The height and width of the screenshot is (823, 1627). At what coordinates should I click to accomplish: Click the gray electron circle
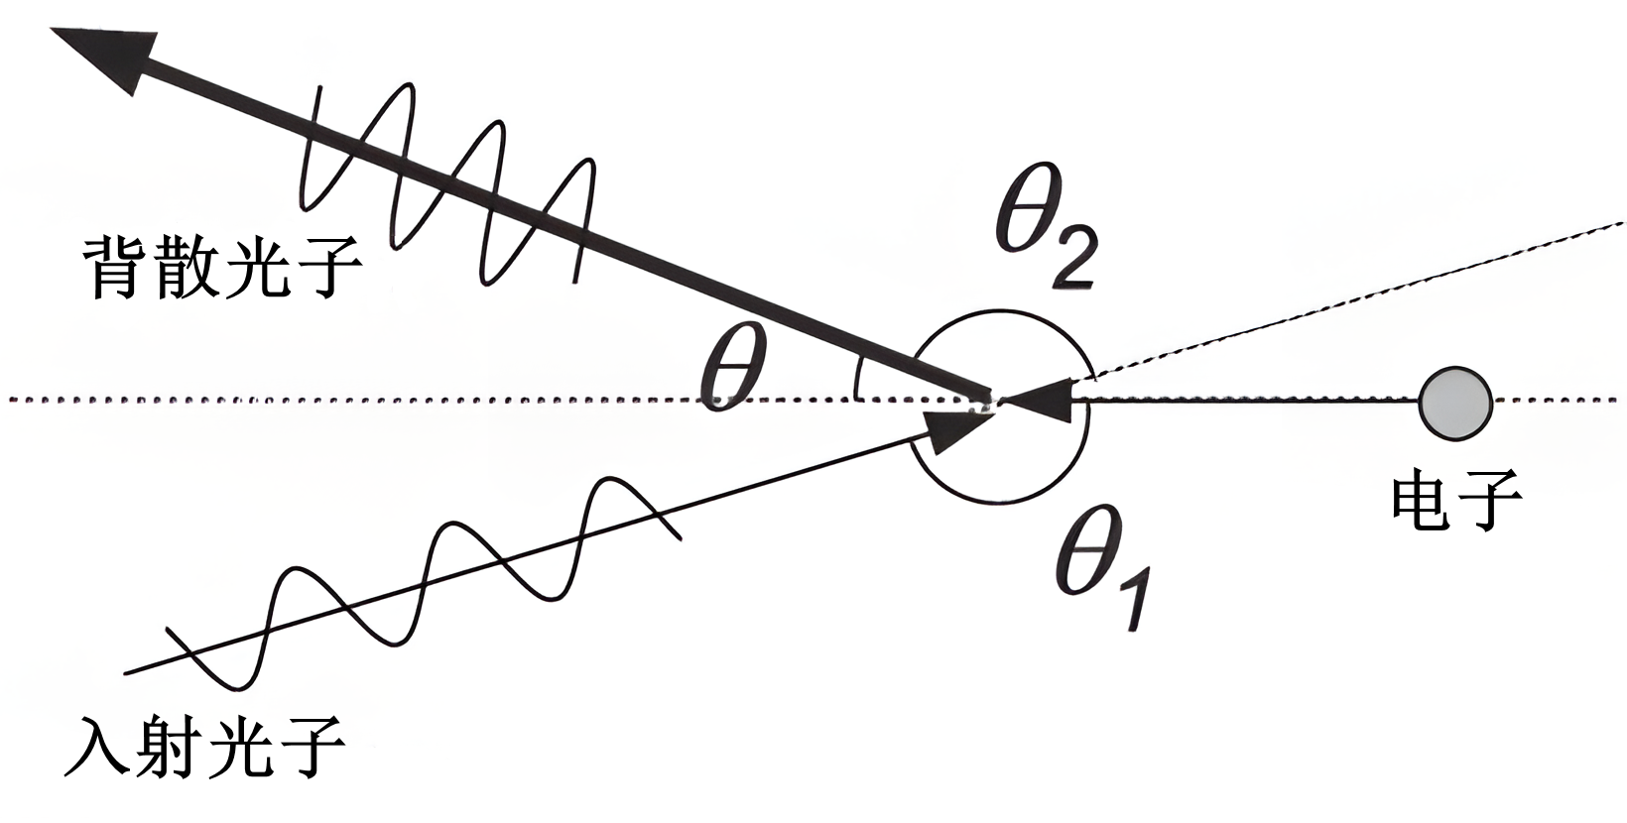tap(1455, 402)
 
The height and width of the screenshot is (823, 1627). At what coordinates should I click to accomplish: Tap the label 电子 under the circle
tap(1455, 499)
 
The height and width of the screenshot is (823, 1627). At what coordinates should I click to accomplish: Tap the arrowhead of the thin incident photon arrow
tap(957, 429)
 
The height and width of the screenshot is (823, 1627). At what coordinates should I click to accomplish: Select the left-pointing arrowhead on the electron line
tap(1037, 400)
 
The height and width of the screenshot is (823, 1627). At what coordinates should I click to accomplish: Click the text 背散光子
tap(220, 266)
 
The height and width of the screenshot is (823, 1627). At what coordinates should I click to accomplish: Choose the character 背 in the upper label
tap(117, 266)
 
